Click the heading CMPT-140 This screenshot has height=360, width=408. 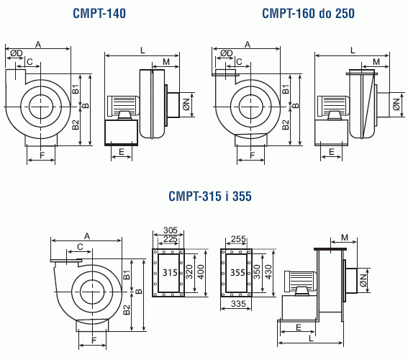click(x=99, y=13)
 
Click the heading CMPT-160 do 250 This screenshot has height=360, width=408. click(x=308, y=13)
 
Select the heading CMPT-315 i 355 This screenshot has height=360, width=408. click(x=210, y=196)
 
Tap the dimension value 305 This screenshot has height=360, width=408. click(x=170, y=230)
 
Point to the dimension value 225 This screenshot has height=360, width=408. click(x=170, y=239)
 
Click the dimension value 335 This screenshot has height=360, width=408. click(x=238, y=304)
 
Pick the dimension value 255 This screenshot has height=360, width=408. click(x=238, y=239)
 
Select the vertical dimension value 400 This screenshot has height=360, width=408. click(x=201, y=271)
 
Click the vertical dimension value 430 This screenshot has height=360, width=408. click(x=268, y=271)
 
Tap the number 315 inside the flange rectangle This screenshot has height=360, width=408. click(x=170, y=273)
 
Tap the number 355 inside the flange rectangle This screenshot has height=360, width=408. click(x=237, y=273)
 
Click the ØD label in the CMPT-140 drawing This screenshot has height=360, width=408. click(x=17, y=53)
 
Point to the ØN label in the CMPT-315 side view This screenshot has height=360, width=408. click(x=363, y=280)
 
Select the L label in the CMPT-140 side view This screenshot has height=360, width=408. click(x=142, y=50)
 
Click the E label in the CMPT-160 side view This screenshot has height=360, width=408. click(x=332, y=151)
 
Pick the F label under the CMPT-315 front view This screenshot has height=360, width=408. click(x=94, y=340)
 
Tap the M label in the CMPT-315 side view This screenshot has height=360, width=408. click(x=345, y=238)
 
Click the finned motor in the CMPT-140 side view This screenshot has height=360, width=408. click(x=122, y=105)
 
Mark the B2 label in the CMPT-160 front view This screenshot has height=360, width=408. click(x=286, y=125)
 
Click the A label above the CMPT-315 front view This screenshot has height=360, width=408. click(x=87, y=236)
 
